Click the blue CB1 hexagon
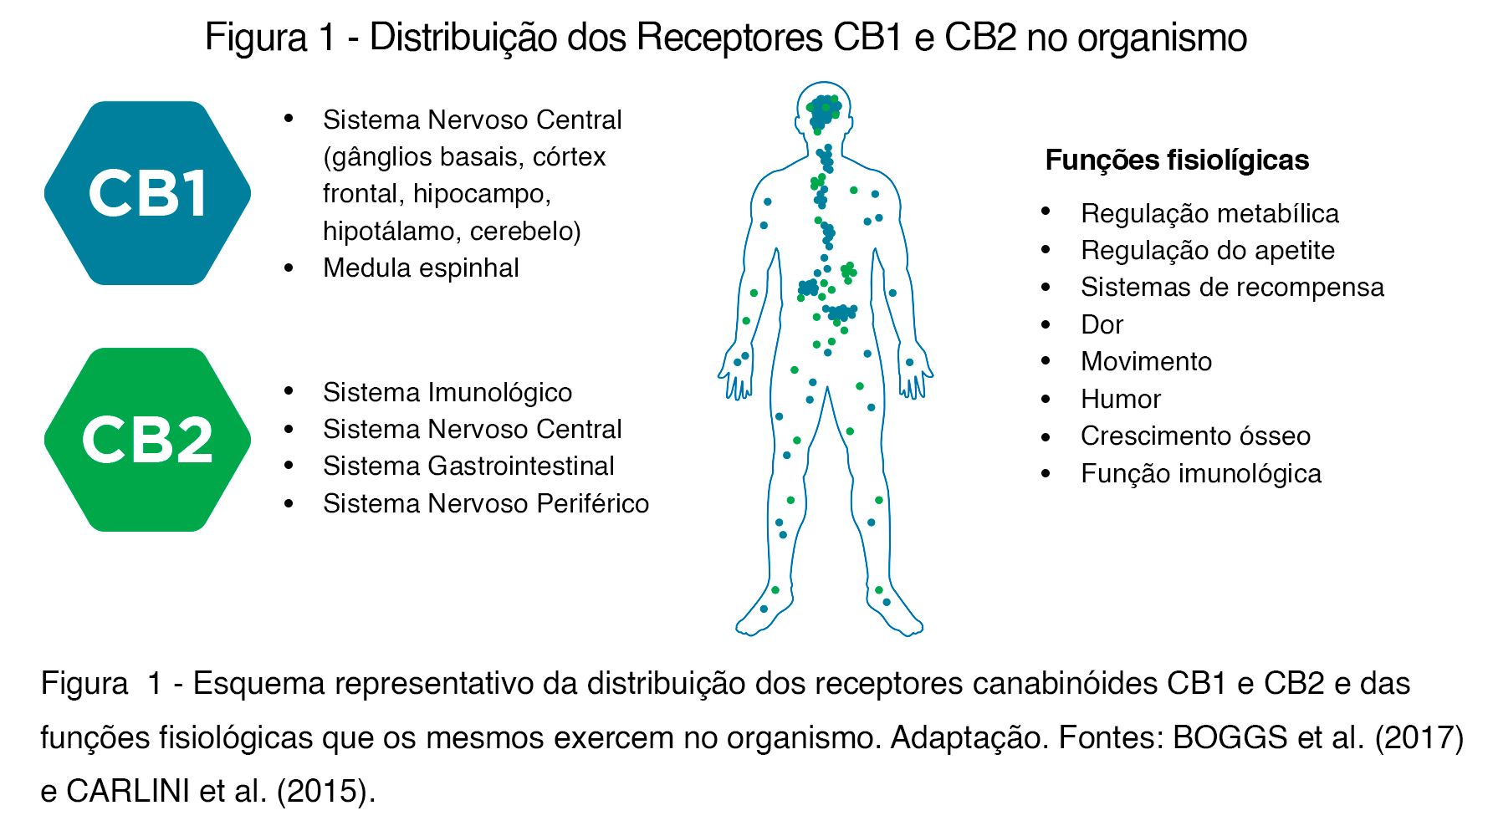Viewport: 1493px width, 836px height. pyautogui.click(x=148, y=193)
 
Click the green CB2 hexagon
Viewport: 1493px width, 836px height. pyautogui.click(x=148, y=440)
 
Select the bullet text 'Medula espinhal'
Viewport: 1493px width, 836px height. pyautogui.click(x=421, y=268)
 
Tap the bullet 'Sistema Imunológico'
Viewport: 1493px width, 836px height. pyautogui.click(x=447, y=392)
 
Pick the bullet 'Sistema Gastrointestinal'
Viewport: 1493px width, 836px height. pyautogui.click(x=468, y=466)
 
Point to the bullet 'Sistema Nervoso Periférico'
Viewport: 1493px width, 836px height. pyautogui.click(x=486, y=503)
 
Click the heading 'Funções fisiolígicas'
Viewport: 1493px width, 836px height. pyautogui.click(x=1177, y=160)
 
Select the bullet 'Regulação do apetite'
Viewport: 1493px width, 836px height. pyautogui.click(x=1207, y=250)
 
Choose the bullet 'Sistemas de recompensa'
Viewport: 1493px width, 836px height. pyautogui.click(x=1232, y=287)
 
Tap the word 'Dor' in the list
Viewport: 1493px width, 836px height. pyautogui.click(x=1102, y=324)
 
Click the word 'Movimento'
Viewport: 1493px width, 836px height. pyautogui.click(x=1146, y=361)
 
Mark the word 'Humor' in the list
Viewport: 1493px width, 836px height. pyautogui.click(x=1121, y=399)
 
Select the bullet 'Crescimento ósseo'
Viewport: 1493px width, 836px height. pyautogui.click(x=1195, y=436)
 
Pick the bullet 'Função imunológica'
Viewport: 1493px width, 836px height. pyautogui.click(x=1201, y=473)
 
